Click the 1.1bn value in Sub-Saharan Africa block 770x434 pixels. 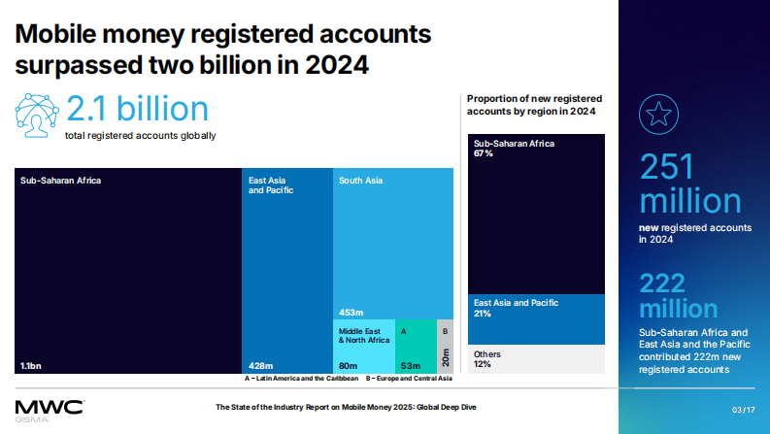pyautogui.click(x=30, y=365)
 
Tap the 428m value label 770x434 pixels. pyautogui.click(x=260, y=365)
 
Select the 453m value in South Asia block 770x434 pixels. pyautogui.click(x=351, y=313)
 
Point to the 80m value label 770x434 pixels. pyautogui.click(x=348, y=365)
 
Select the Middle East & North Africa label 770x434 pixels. pyautogui.click(x=363, y=336)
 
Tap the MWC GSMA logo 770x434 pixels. pyautogui.click(x=49, y=408)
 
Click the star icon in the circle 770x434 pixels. pyautogui.click(x=656, y=114)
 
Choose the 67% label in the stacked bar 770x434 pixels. pyautogui.click(x=484, y=153)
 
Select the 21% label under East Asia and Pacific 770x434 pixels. pyautogui.click(x=484, y=314)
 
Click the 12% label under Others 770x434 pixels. pyautogui.click(x=484, y=364)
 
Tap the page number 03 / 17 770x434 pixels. pyautogui.click(x=743, y=409)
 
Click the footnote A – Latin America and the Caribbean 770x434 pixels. pyautogui.click(x=302, y=379)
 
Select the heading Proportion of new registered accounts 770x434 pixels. pyautogui.click(x=534, y=105)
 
